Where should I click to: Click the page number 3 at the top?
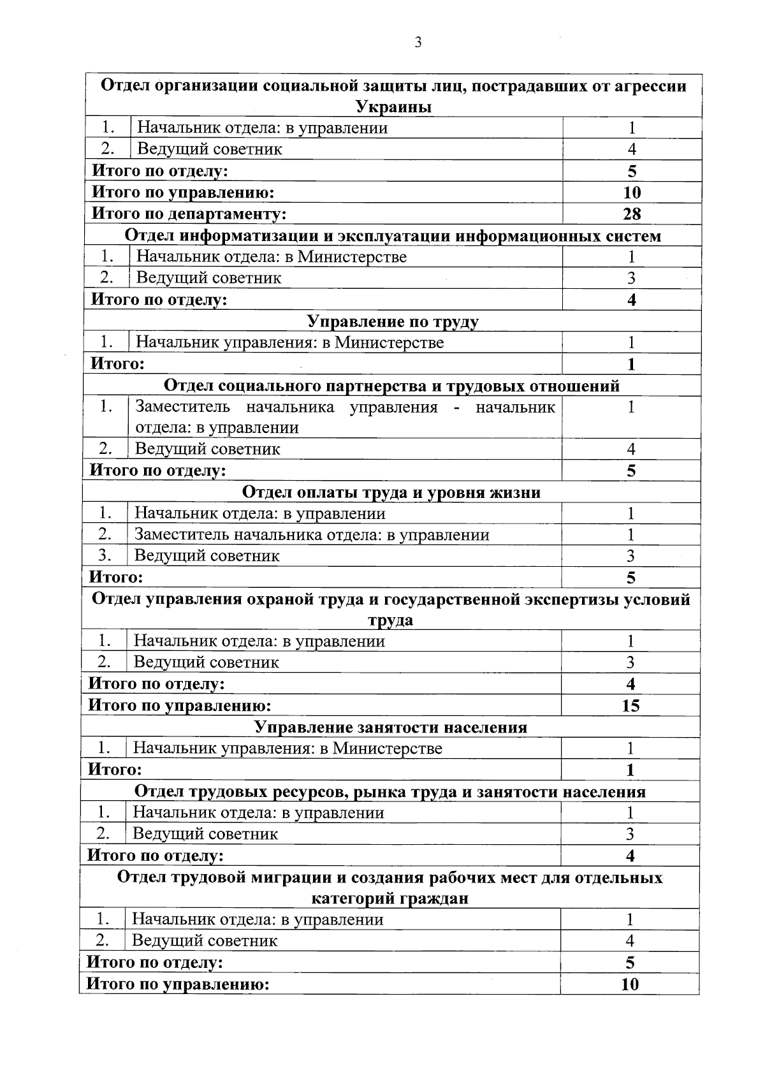418,43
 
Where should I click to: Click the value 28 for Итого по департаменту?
631,214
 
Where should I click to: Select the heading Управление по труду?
393,321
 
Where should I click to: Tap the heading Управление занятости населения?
391,727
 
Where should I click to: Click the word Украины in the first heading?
393,106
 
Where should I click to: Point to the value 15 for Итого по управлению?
630,706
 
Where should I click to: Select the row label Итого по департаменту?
189,214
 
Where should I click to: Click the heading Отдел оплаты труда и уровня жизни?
391,492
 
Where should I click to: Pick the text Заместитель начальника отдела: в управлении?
312,535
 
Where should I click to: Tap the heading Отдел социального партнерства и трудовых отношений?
391,386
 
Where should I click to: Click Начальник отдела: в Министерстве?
272,257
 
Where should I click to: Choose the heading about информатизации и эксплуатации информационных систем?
393,236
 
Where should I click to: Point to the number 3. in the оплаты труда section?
105,555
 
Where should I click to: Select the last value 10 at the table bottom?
629,984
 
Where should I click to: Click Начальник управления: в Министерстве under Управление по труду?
290,342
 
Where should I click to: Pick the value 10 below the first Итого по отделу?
631,193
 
